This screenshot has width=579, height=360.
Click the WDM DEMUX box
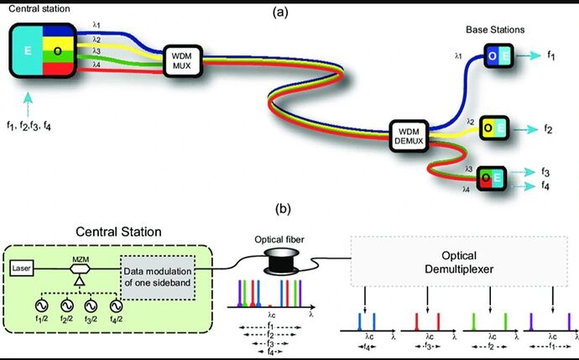pos(409,134)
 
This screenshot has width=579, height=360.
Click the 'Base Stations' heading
pos(495,29)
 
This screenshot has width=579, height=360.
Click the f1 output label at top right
pos(550,56)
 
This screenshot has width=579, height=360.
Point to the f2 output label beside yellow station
pos(546,129)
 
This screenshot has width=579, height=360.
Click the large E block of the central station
pos(28,51)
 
